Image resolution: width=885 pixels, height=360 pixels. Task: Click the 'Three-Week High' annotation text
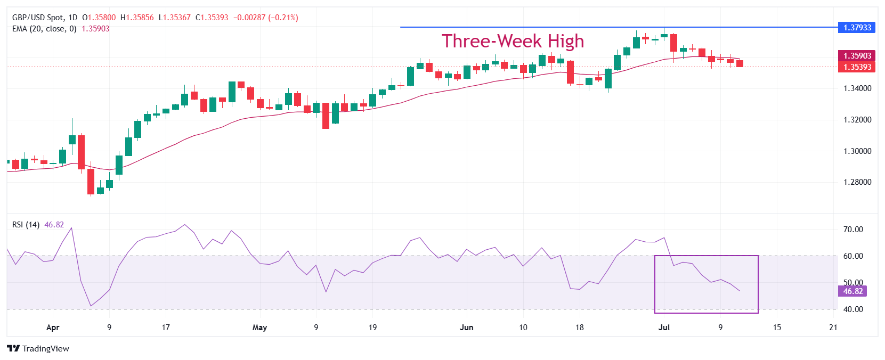click(513, 41)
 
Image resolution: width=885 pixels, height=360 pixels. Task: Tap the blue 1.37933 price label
click(857, 27)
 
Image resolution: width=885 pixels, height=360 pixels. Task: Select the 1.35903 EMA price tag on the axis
click(857, 56)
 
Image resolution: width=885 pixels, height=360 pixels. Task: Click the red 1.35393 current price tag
click(857, 67)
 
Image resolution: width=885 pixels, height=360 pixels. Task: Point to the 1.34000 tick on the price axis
click(857, 88)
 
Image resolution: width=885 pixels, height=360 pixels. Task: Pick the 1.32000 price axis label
click(857, 120)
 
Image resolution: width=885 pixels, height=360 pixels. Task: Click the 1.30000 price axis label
click(857, 151)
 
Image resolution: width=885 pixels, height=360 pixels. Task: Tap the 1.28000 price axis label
click(857, 182)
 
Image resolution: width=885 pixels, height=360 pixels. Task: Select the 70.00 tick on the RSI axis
click(852, 230)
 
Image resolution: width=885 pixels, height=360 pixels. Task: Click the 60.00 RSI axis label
click(852, 256)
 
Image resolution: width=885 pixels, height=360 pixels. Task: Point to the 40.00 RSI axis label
click(852, 309)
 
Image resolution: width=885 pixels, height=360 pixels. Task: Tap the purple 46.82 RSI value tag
click(852, 291)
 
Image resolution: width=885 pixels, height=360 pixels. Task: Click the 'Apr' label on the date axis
click(53, 328)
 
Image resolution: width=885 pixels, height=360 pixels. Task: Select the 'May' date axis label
click(259, 328)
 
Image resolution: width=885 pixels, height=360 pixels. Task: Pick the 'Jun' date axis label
click(466, 328)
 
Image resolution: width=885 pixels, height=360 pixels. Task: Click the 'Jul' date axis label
click(664, 328)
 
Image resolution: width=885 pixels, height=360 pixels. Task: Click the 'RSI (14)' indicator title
click(26, 225)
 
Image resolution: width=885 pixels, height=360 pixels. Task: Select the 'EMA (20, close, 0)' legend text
click(44, 29)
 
